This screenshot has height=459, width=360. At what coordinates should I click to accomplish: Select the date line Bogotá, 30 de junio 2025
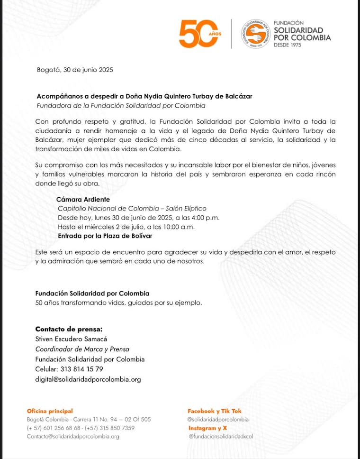[75, 70]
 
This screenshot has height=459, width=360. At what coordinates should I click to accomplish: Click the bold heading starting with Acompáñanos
[144, 96]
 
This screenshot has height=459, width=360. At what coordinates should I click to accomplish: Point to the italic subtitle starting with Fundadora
[121, 105]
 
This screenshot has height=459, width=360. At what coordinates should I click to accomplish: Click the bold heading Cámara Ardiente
[83, 200]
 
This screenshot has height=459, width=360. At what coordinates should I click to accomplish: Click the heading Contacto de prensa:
[69, 329]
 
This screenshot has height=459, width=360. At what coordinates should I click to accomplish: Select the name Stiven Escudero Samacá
[72, 339]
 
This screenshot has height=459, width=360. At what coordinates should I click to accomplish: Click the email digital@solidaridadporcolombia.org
[88, 379]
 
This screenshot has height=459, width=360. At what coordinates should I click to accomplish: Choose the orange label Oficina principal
[50, 411]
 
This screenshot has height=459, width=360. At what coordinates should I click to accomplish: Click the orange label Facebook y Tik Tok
[214, 411]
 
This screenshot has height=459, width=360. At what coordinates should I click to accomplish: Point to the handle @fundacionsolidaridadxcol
[221, 437]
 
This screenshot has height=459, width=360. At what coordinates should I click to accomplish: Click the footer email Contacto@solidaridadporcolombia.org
[73, 437]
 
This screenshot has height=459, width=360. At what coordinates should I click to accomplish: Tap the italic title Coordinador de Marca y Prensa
[82, 349]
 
